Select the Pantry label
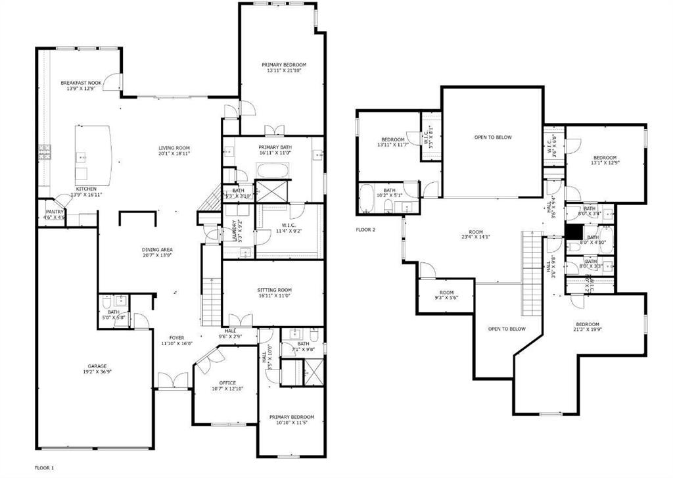54,212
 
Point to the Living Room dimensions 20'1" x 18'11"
174,153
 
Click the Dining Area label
156,250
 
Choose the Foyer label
176,337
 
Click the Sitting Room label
274,290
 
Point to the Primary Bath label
275,147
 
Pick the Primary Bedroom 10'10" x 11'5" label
291,417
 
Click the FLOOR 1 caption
44,467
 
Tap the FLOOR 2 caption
365,229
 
